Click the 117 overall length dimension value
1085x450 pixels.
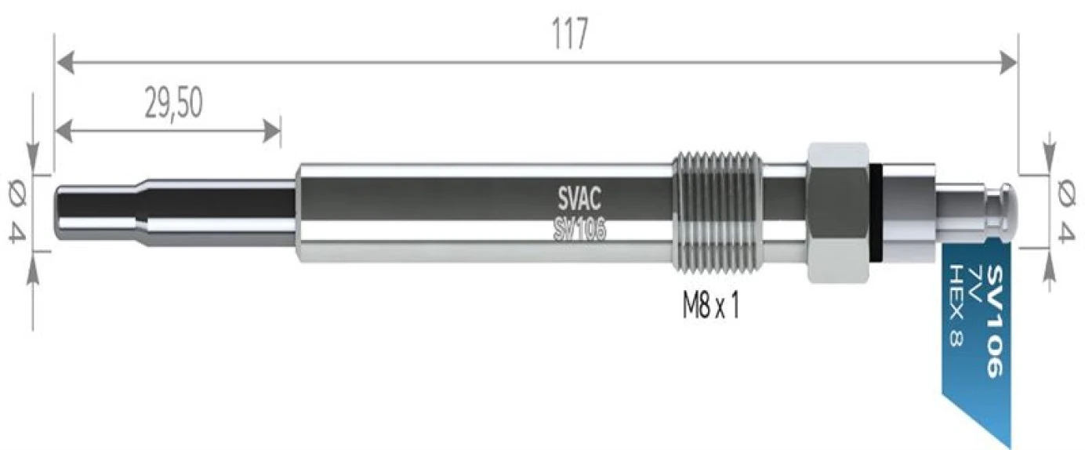571,34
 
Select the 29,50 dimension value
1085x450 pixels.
173,103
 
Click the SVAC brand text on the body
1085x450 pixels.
579,198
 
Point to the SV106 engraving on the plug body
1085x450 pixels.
579,229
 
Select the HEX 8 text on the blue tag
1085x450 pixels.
955,306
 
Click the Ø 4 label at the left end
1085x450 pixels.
18,212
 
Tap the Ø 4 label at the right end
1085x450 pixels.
1066,210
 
